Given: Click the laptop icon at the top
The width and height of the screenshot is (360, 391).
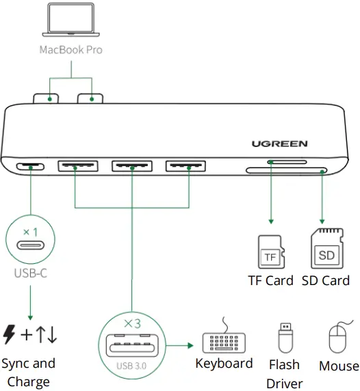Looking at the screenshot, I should click(x=70, y=21).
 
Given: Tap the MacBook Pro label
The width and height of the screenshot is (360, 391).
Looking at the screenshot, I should click(x=70, y=50).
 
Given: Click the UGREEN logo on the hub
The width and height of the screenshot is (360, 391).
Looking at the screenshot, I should click(x=279, y=144).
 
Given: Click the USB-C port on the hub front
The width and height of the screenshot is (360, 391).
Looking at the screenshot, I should click(x=31, y=166).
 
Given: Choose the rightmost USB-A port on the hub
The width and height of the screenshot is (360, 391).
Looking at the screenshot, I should click(x=185, y=165).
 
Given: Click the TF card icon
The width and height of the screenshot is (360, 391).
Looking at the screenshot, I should click(x=270, y=252).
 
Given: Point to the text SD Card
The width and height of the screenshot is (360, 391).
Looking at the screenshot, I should click(x=325, y=280).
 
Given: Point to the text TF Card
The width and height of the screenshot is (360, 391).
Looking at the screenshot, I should click(x=270, y=280).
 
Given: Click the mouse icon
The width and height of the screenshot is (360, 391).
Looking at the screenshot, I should click(x=338, y=338).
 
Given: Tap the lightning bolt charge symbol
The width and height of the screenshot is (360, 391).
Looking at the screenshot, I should click(x=10, y=334).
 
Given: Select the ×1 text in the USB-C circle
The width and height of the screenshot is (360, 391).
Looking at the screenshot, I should click(x=31, y=232).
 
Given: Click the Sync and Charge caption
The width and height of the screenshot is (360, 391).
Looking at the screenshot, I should click(x=28, y=372).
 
